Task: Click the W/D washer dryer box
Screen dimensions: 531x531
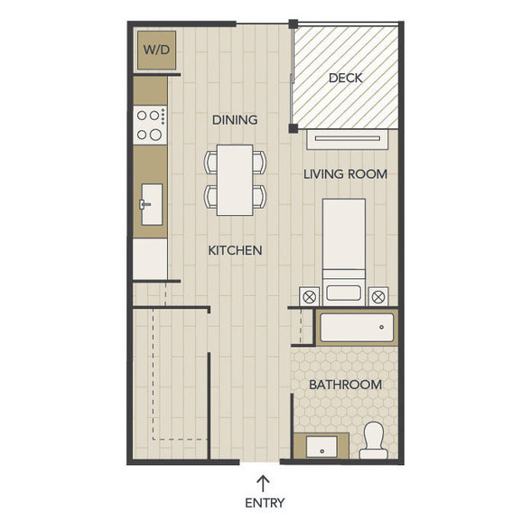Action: pos(156,51)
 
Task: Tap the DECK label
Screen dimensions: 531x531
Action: pos(345,79)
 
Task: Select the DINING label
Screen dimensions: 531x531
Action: pos(235,120)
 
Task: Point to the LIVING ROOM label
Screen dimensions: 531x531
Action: pos(345,174)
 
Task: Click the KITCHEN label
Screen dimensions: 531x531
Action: pos(235,251)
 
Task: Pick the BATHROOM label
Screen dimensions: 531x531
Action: pos(345,385)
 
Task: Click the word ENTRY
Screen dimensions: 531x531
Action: pos(265,503)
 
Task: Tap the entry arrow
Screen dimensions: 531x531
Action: pos(263,484)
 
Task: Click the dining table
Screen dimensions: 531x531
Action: pos(235,180)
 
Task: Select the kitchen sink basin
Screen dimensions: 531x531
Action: pos(152,204)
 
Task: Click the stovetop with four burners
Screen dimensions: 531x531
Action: pos(150,126)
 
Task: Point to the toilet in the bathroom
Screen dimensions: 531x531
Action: pos(373,441)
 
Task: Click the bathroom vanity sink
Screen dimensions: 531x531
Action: pos(321,447)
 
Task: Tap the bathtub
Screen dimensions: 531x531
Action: pos(357,328)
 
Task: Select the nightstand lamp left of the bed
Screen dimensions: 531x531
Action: pos(309,297)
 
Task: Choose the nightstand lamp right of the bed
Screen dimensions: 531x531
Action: pos(378,297)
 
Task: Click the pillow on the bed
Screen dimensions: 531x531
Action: pos(343,293)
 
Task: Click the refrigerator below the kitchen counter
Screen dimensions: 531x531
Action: pos(150,259)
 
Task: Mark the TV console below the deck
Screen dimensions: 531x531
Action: pos(348,139)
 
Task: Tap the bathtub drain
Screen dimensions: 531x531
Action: pos(382,327)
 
